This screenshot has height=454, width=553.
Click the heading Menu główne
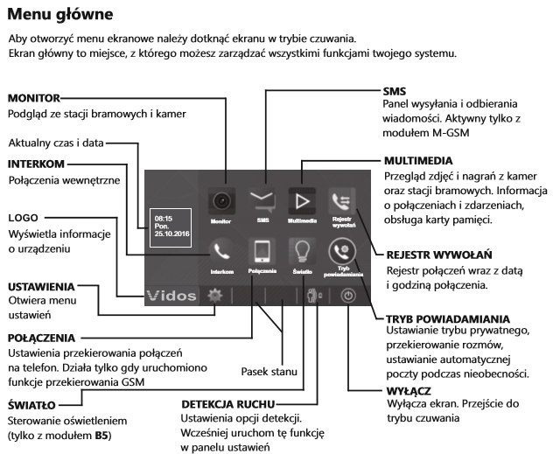tap(59, 15)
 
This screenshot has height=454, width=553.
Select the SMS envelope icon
tap(261, 202)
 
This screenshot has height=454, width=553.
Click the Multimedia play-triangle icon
tap(301, 202)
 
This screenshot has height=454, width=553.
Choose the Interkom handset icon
tap(221, 252)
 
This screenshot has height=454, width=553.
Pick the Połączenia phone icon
tap(262, 252)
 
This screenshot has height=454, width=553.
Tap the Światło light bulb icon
tap(301, 252)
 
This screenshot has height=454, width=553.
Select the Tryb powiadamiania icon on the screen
tap(340, 251)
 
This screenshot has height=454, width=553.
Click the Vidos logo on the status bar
tap(171, 296)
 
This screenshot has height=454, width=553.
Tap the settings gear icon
tap(213, 296)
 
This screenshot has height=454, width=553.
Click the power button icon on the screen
tap(347, 297)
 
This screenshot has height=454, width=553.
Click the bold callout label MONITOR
tap(34, 97)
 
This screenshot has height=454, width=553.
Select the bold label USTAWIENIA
tap(41, 286)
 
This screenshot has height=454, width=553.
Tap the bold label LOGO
tap(24, 216)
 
